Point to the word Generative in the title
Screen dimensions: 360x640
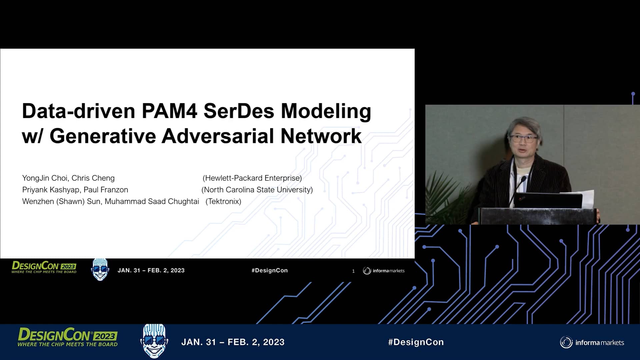pos(103,136)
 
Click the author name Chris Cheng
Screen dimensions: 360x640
pos(93,178)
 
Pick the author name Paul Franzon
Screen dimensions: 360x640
pos(106,190)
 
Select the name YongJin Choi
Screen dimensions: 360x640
pos(45,178)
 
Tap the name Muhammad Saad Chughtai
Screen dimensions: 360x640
pos(152,201)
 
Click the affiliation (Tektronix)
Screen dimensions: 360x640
pos(223,201)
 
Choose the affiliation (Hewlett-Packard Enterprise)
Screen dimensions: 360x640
pos(252,178)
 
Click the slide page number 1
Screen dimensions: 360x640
pos(353,271)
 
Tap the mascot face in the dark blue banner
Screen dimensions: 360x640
pos(154,341)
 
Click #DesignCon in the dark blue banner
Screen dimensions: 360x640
pos(416,342)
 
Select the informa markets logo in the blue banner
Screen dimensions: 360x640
pos(592,342)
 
